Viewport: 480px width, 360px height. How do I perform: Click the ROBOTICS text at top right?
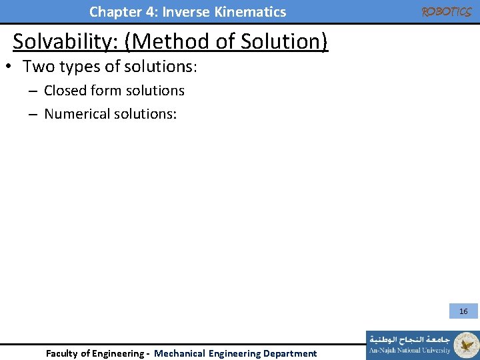coord(446,12)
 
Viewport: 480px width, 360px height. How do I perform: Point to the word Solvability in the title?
coord(69,42)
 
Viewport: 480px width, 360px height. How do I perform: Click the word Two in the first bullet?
coord(39,67)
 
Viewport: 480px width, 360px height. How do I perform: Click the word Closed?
coord(66,91)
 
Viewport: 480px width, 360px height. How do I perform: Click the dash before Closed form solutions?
coord(32,91)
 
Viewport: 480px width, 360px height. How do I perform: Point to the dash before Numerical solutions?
coord(32,115)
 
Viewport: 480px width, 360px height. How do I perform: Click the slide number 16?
coord(463,311)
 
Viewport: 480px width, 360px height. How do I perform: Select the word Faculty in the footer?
coord(64,353)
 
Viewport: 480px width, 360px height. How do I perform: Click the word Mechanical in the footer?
coord(179,353)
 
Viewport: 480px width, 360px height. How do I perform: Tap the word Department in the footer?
coord(290,353)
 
